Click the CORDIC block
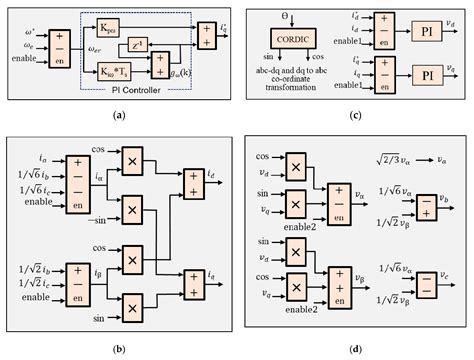tap(298, 41)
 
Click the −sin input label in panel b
tap(97, 218)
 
